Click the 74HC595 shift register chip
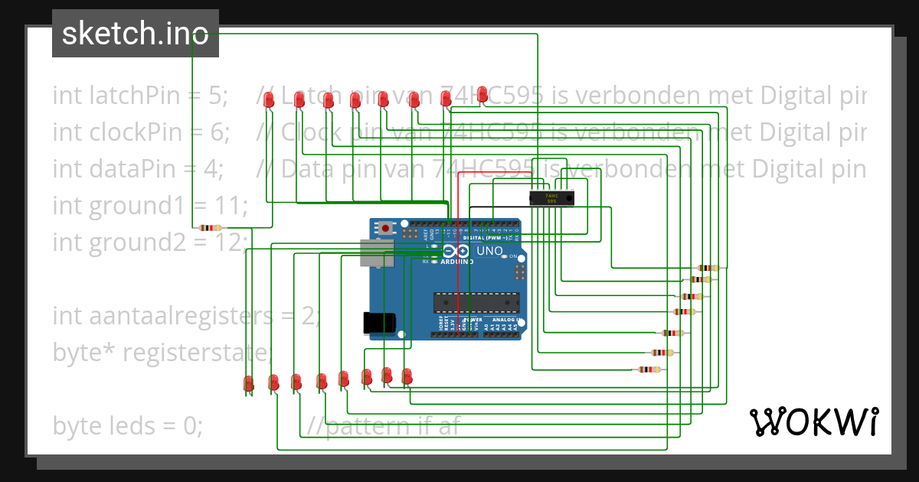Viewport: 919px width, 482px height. tap(551, 198)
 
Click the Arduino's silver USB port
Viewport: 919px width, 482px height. tap(376, 253)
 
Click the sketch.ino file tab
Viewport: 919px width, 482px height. tap(135, 34)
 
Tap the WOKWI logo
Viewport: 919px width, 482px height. tap(813, 422)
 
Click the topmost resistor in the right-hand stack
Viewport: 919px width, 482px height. tap(710, 268)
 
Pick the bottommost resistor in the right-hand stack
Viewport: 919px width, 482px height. tap(649, 370)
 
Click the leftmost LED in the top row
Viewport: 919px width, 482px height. tap(269, 99)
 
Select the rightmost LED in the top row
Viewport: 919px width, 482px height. tap(482, 94)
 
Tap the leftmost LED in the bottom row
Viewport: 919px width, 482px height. tap(249, 383)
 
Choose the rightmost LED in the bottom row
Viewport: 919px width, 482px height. tap(407, 376)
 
